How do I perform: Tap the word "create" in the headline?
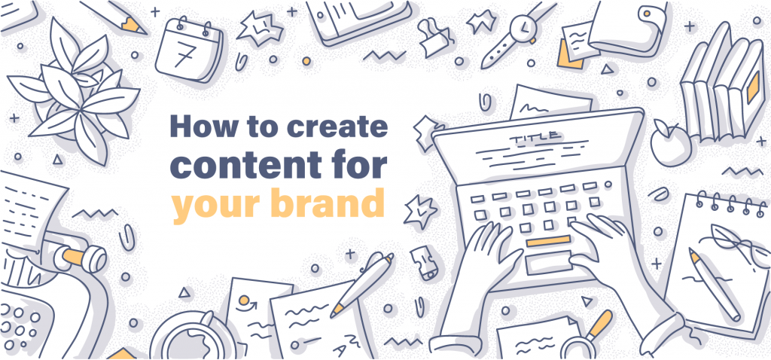click(x=343, y=127)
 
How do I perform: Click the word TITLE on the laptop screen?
click(x=535, y=138)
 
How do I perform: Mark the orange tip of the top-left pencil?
click(x=135, y=26)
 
